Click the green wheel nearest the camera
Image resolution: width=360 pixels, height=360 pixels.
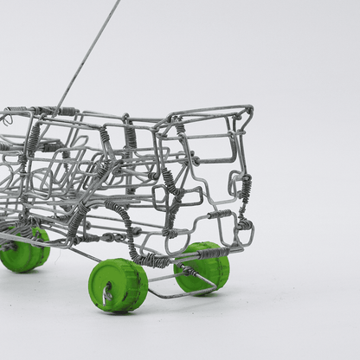119,286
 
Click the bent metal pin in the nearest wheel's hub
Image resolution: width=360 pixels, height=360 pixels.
107,295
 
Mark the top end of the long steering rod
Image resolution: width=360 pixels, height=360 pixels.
119,2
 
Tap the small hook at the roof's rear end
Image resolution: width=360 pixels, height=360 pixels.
6,120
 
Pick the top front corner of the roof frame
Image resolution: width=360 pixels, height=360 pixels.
249,109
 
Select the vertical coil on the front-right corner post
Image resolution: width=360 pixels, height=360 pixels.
246,190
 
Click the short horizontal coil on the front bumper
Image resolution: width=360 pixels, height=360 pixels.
220,214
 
